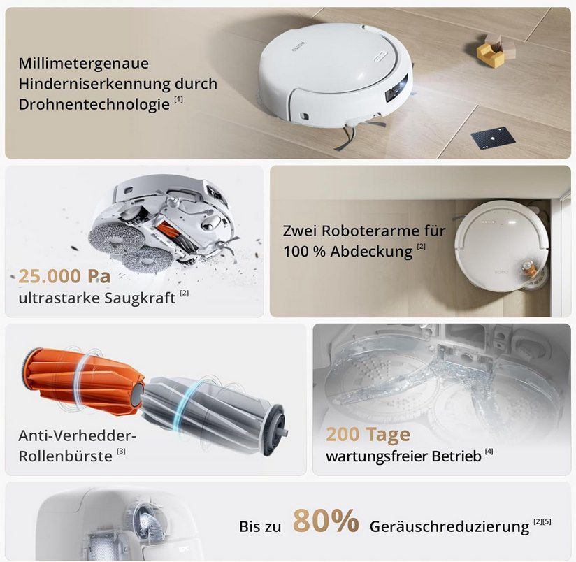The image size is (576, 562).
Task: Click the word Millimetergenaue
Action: point(83,63)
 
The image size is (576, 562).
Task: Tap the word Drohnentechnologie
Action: point(94,104)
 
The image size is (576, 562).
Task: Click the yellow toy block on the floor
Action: point(490,55)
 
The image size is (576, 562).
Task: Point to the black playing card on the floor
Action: point(493,137)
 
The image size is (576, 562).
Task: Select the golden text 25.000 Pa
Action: point(64,275)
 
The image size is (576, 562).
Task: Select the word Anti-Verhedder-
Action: point(77,435)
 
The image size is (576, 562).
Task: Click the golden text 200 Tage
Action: point(368,434)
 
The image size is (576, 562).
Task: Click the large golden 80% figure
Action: point(325,521)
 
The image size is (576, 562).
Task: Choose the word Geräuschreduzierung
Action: point(449,526)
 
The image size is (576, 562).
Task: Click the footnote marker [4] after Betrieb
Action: point(489,452)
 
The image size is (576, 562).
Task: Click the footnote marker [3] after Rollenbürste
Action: point(121,452)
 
